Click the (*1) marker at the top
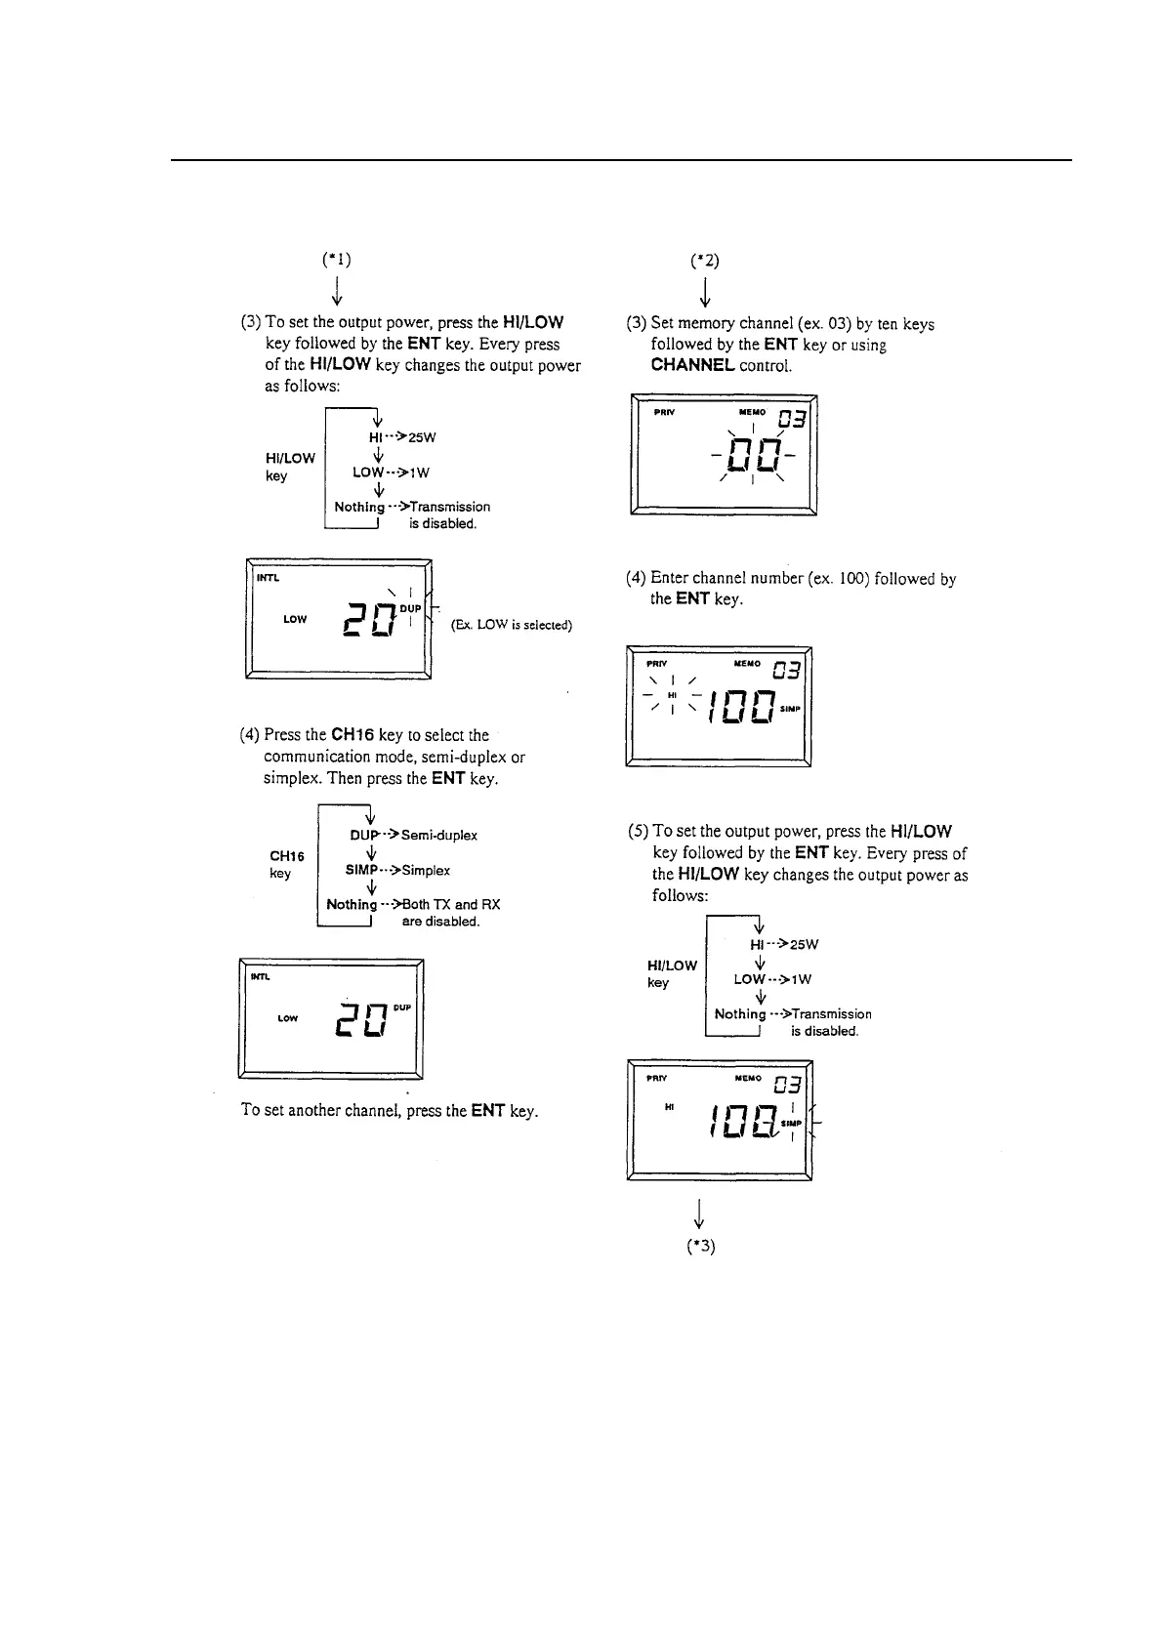(336, 261)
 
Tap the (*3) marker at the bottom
(701, 1247)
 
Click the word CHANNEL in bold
(692, 365)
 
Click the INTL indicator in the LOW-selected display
(267, 578)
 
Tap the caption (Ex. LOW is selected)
(511, 625)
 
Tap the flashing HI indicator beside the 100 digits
(672, 694)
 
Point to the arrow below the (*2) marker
(704, 291)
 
